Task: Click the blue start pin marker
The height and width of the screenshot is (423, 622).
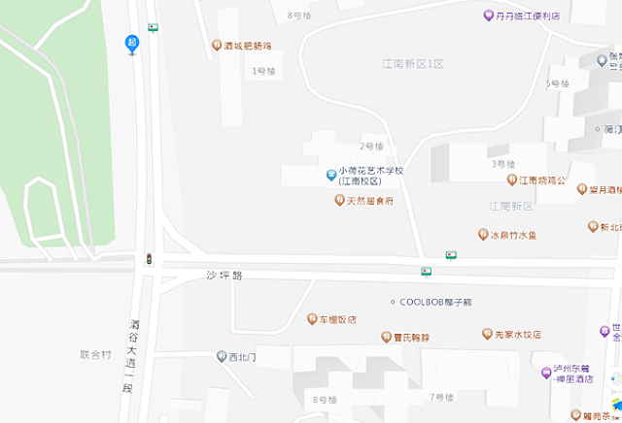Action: coord(132,44)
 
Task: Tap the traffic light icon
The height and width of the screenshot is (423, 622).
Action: coord(149,259)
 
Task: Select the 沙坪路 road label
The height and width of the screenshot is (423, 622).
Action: coord(224,276)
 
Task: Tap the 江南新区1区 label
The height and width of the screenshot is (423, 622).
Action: coord(412,63)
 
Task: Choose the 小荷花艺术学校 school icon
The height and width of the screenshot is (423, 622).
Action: coord(331,176)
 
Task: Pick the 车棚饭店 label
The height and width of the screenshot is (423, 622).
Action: coord(338,319)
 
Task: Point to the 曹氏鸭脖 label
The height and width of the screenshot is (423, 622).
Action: coord(411,337)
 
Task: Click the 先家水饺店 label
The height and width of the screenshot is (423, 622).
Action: coord(517,334)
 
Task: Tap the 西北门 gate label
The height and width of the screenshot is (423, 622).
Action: coord(242,357)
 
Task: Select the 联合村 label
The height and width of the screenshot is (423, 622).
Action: coord(97,354)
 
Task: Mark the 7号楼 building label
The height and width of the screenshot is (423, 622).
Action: coord(442,398)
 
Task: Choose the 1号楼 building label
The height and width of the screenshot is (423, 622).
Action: coord(264,71)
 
